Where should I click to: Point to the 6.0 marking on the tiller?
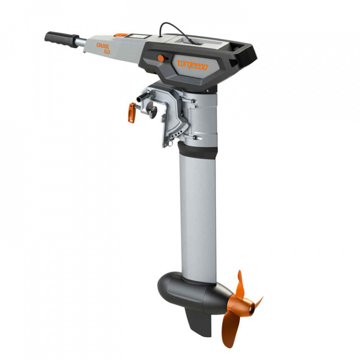[x=106, y=51]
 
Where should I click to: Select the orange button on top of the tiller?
[x=120, y=35]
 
